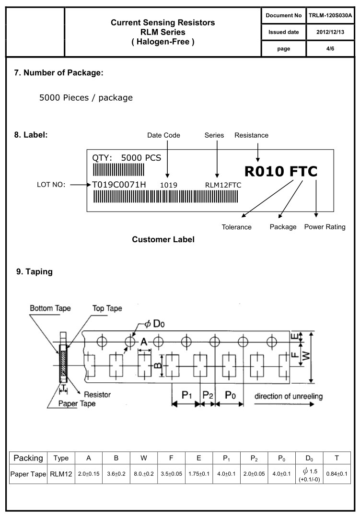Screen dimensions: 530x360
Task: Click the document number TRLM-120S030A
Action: pos(330,15)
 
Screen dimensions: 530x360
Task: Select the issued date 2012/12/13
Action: pos(330,32)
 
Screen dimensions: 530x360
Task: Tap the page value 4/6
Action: pos(330,48)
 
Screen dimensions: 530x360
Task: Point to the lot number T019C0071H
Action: pos(119,185)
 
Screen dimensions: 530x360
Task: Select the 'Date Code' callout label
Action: pos(163,135)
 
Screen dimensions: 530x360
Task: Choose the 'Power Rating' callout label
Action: pos(325,227)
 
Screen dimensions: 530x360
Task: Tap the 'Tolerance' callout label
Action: pos(236,227)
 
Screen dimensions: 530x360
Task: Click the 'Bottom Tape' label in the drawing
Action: pos(50,308)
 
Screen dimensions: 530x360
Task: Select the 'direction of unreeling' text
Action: pos(288,396)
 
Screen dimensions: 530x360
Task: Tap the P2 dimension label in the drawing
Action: pos(208,395)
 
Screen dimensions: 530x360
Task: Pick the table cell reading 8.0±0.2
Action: pos(143,474)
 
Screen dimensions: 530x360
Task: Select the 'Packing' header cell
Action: pos(28,458)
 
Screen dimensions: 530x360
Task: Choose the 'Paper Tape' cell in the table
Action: pos(28,474)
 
